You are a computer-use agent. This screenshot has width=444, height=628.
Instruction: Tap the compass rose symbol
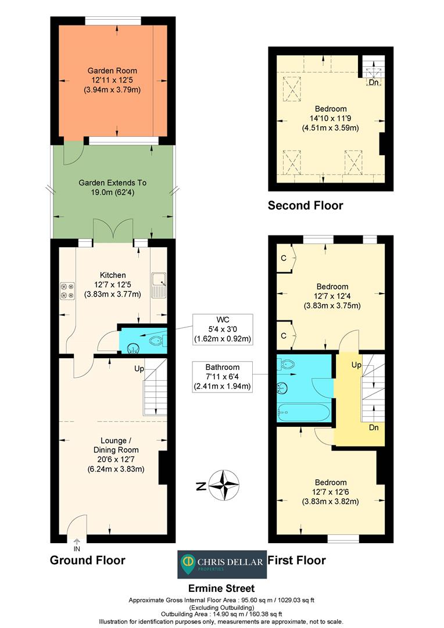224,486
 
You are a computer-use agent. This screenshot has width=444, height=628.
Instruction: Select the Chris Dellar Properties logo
222,564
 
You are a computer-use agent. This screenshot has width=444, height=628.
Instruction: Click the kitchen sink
159,285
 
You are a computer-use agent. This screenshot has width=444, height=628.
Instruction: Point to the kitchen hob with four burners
67,291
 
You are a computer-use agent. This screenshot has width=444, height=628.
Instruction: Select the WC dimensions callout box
223,329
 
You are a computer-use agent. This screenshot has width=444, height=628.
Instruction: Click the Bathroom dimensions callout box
223,377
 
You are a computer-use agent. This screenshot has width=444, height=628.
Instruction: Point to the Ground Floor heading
88,560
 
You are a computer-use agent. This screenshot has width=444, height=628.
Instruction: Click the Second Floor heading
306,205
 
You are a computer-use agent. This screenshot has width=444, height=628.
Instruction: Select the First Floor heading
296,560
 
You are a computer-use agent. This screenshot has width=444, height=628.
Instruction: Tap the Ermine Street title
221,588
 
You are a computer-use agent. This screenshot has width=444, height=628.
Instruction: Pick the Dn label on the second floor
374,83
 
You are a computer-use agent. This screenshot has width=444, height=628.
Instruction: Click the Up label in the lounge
139,369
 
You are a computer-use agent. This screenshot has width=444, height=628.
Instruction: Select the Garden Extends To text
113,183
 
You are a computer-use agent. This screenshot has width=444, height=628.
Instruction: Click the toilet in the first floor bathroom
286,364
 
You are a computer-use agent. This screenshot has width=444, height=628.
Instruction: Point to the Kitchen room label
113,275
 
